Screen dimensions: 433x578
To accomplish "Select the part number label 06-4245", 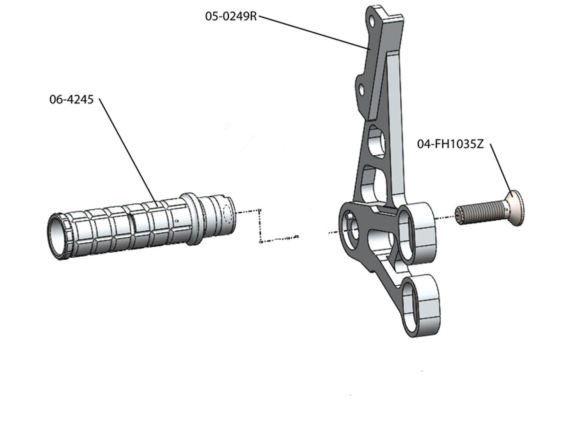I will [x=71, y=99].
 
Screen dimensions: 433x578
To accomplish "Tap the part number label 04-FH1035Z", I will [x=450, y=144].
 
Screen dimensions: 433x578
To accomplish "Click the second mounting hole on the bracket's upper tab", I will [x=362, y=89].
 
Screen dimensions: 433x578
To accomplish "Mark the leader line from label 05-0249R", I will [x=312, y=32].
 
